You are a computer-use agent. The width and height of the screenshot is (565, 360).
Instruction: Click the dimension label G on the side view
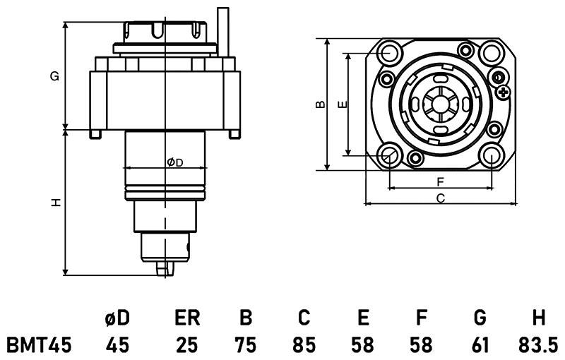coord(54,76)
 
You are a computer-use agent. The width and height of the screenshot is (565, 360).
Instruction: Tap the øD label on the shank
coord(174,162)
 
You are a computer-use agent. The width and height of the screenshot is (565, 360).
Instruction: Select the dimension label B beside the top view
coord(319,104)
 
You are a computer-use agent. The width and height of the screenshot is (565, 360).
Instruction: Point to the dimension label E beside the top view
coord(341,104)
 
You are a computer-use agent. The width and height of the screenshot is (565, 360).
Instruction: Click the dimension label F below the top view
coord(439,181)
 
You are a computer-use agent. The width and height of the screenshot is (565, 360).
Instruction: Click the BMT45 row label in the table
coord(40,344)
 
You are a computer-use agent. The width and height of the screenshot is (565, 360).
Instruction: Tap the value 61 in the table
coord(480,344)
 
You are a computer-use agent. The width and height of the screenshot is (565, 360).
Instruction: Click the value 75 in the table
coord(246,344)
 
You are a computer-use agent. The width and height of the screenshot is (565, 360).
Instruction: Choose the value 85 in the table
coord(304,344)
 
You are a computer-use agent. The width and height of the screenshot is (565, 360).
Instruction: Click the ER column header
coord(187,318)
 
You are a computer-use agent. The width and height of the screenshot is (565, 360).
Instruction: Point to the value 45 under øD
coord(117,344)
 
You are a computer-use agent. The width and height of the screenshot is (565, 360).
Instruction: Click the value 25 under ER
coord(187,344)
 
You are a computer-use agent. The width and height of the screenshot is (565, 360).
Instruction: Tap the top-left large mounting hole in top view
coord(388,52)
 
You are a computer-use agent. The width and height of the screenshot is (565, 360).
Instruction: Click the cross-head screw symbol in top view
coord(503,92)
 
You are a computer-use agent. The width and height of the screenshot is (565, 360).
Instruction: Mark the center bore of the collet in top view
coord(439,104)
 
